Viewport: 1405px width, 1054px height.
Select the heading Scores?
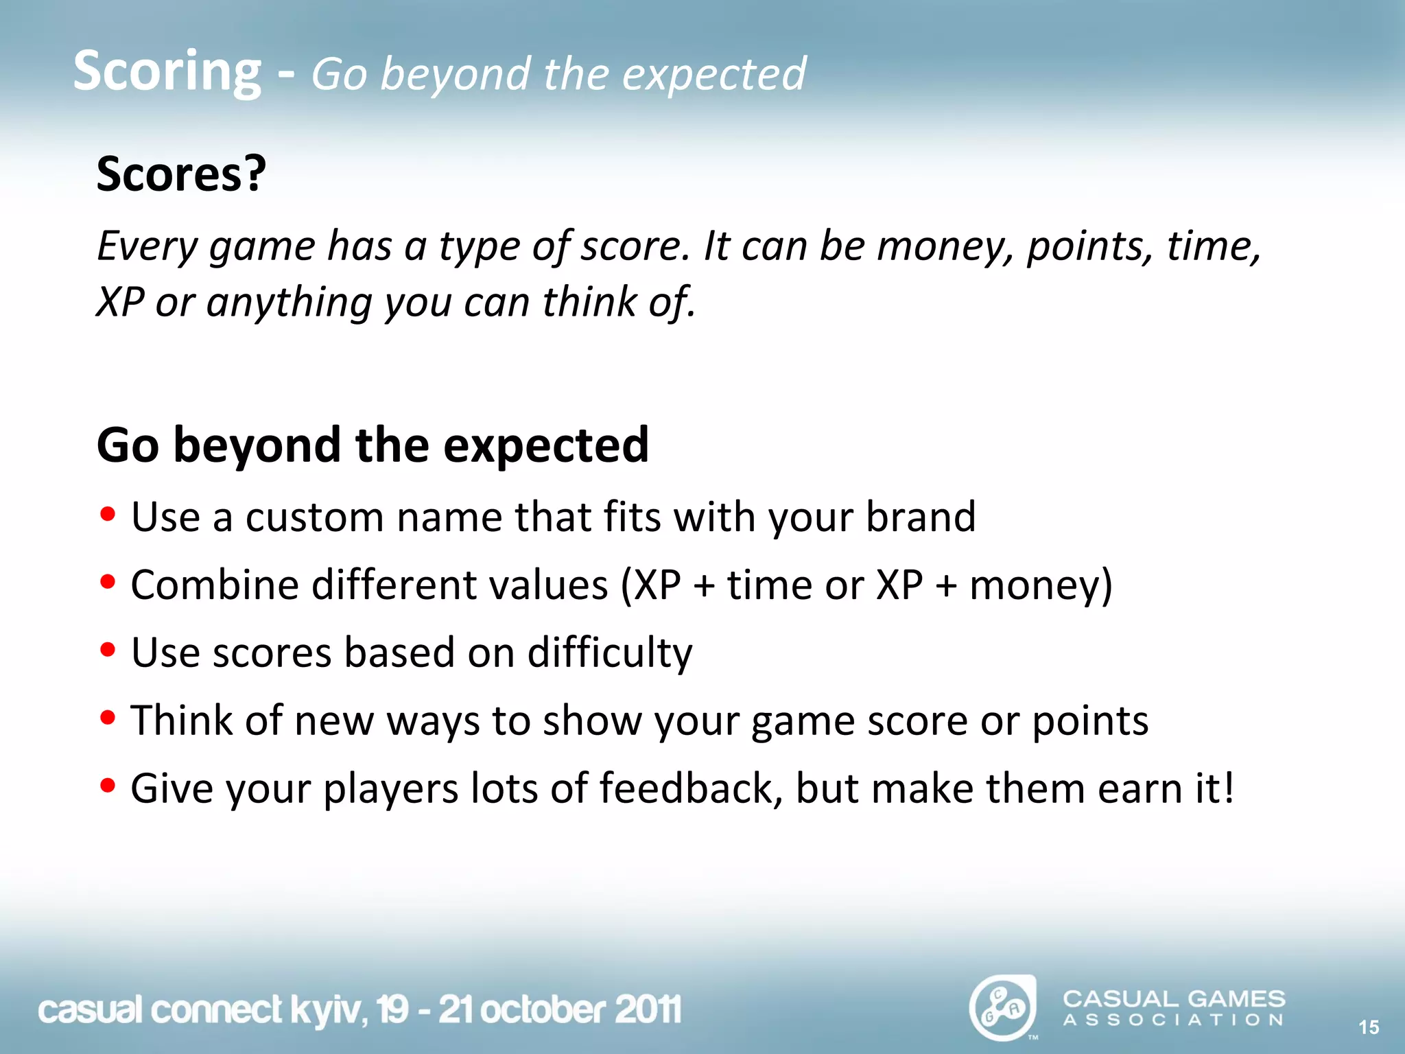click(181, 174)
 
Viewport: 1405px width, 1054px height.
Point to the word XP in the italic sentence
click(120, 302)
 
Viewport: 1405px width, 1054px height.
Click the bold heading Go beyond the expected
click(373, 445)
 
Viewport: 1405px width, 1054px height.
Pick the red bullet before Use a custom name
click(107, 514)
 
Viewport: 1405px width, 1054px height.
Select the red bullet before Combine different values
click(107, 582)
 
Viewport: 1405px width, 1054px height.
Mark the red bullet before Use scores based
click(107, 649)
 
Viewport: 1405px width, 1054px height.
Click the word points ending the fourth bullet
click(1090, 721)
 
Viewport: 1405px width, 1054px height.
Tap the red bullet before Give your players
click(107, 785)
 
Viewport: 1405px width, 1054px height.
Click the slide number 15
click(1368, 1027)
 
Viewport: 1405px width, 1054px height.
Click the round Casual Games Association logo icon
click(1002, 1007)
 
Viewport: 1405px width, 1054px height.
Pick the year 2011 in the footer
click(648, 1009)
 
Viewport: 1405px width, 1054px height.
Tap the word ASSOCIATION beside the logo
click(1173, 1020)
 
